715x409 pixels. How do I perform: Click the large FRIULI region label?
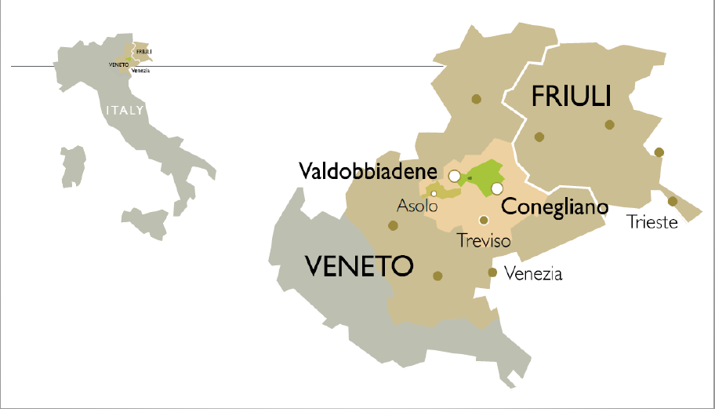571,97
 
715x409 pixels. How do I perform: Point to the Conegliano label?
554,207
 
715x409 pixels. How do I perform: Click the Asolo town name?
416,206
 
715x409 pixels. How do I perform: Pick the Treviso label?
483,240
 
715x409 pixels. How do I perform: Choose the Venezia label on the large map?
534,274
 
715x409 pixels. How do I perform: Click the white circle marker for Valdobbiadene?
454,176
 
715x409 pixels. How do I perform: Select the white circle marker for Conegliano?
497,188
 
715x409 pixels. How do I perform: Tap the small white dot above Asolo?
434,193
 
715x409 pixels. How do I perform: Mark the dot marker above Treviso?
484,220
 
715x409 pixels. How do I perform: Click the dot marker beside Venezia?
492,272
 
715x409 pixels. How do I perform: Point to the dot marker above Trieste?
673,201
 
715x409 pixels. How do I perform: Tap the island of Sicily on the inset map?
145,222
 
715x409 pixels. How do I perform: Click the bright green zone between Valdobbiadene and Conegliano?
485,173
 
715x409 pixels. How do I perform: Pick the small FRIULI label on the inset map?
143,52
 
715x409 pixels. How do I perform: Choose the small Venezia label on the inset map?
140,71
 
